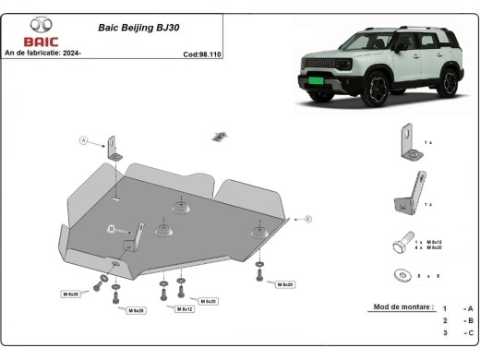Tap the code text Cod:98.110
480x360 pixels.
click(x=203, y=53)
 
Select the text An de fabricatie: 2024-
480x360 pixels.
click(x=43, y=53)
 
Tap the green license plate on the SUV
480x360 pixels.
click(x=321, y=81)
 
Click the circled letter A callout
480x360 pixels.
click(x=82, y=141)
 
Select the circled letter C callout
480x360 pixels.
click(x=308, y=219)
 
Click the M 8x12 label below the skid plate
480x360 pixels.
click(x=185, y=309)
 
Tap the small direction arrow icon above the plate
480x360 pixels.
click(x=220, y=137)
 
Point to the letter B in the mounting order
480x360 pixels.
click(x=470, y=320)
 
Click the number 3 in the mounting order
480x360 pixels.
click(x=444, y=332)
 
